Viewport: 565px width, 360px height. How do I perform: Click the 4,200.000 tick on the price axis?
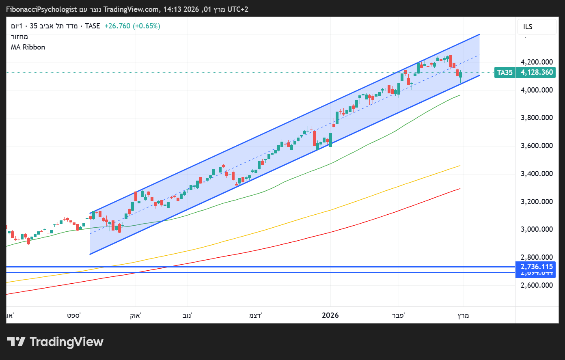coord(537,62)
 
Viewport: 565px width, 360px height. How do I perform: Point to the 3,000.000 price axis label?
coord(537,229)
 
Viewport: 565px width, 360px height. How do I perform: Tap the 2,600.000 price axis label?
coord(537,285)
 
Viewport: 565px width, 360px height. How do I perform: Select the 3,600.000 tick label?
coord(537,146)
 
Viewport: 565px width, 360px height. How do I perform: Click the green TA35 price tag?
coord(505,73)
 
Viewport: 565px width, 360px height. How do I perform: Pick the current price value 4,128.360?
coord(537,73)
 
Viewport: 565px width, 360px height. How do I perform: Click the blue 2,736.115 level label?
coord(537,267)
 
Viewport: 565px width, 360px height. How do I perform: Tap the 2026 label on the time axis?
coord(330,315)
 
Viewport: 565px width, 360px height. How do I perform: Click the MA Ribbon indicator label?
coord(28,47)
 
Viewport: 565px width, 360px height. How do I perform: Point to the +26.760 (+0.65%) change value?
coord(132,26)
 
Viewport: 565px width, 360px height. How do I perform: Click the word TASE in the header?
coord(93,26)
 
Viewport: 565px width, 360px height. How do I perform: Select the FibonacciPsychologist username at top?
coord(41,9)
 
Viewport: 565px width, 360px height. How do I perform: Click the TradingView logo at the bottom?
coord(56,342)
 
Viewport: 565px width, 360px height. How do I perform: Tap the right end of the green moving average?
coord(460,95)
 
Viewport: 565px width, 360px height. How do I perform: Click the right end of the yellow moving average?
coord(460,166)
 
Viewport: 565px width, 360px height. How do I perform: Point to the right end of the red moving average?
coord(460,188)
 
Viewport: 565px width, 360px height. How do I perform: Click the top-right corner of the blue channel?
coord(480,34)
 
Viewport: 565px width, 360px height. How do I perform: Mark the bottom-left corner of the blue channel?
coord(90,254)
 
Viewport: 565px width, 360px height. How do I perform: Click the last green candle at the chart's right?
coord(460,75)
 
